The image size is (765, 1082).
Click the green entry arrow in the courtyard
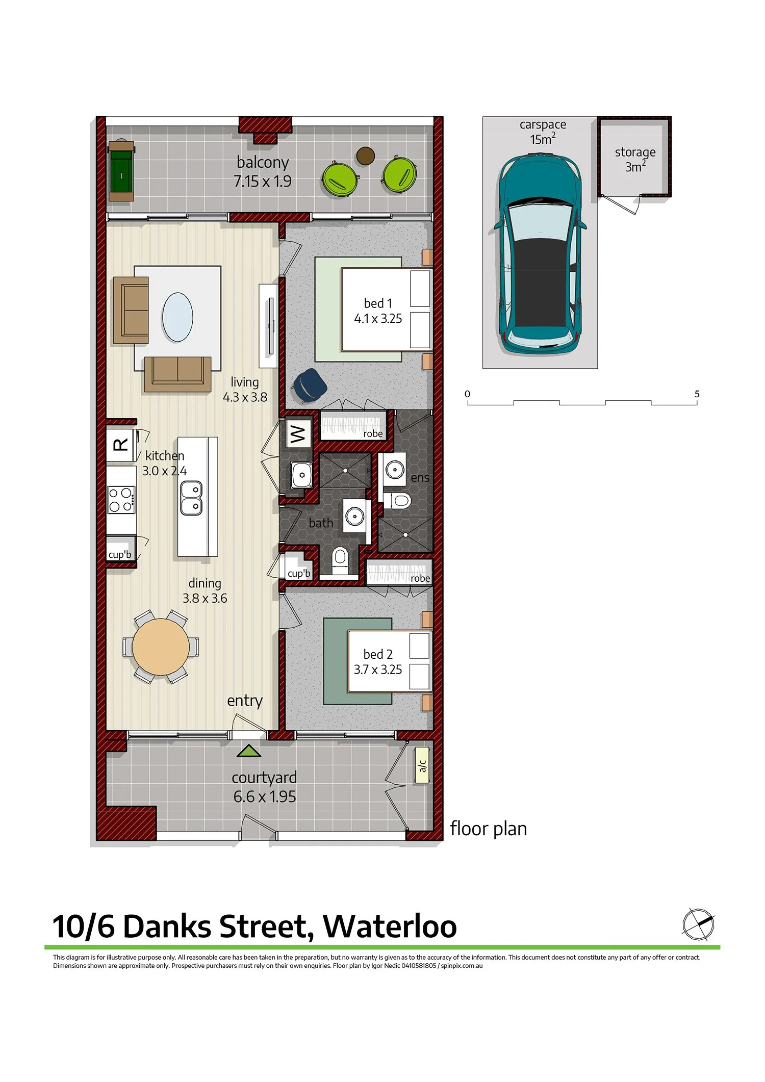(249, 751)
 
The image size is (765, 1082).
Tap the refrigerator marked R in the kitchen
(120, 445)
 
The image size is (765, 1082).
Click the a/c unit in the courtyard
(422, 765)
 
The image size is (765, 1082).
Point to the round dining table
(161, 647)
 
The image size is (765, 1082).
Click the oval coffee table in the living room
(177, 317)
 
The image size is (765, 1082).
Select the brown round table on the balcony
(365, 156)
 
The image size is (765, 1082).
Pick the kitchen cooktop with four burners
(121, 500)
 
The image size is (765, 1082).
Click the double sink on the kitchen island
(192, 498)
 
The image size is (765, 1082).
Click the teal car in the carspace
(540, 255)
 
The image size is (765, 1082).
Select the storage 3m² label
(635, 159)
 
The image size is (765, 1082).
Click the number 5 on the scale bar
(697, 394)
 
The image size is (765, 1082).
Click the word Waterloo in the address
(390, 926)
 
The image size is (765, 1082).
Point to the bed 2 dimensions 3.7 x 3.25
(378, 669)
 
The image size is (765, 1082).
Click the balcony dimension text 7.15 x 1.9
(262, 182)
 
